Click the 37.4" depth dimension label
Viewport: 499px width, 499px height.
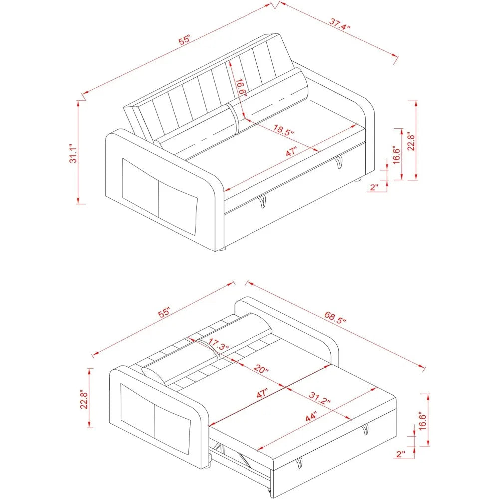click(340, 24)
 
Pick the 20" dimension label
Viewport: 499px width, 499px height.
click(260, 370)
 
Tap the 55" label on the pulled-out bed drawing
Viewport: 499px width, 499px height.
click(165, 313)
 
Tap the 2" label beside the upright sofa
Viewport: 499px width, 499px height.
click(374, 187)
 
